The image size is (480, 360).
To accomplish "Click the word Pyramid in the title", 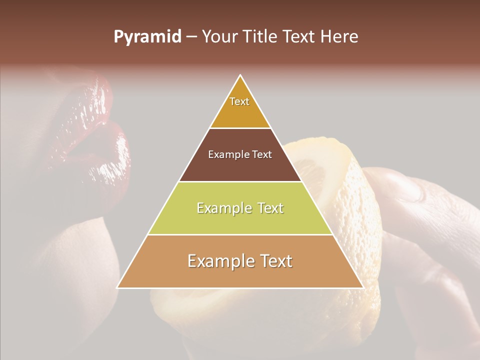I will click(x=147, y=37).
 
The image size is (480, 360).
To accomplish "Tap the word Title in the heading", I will click(x=263, y=37).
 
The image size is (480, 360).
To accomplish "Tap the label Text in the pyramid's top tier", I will click(x=239, y=101).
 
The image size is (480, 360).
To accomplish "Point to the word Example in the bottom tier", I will click(x=220, y=261).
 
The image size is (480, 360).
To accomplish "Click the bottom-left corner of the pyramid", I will click(x=117, y=287).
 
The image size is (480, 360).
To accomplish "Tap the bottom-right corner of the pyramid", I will click(x=363, y=287).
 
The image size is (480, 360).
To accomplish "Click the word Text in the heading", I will click(x=299, y=37).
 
